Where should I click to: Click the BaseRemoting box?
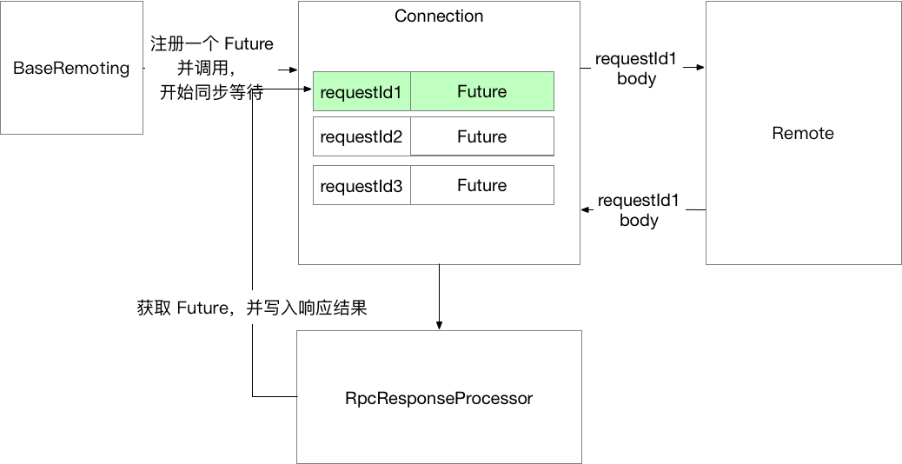click(71, 68)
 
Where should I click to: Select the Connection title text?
click(439, 17)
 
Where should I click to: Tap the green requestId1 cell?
click(361, 92)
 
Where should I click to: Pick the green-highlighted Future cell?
click(481, 92)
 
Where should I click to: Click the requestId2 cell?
click(361, 137)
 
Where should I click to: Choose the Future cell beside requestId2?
click(481, 137)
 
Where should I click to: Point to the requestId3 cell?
click(361, 186)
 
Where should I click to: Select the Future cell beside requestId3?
click(481, 186)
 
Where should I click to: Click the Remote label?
click(802, 133)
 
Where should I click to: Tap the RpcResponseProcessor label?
click(439, 398)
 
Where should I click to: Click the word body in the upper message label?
click(636, 78)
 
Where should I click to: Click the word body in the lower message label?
click(639, 221)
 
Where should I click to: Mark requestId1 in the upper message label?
click(636, 59)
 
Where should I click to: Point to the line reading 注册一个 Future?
click(211, 43)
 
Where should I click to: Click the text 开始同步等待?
click(211, 92)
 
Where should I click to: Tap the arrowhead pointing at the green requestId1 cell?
click(308, 89)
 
